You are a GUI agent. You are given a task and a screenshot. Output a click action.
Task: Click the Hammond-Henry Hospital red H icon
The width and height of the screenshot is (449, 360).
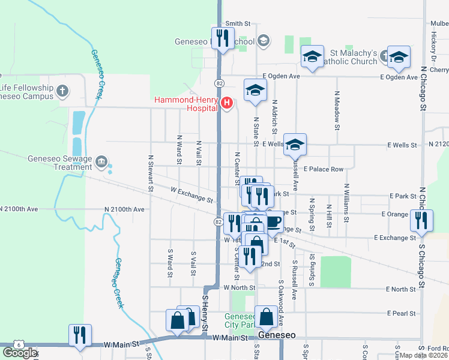click(226, 103)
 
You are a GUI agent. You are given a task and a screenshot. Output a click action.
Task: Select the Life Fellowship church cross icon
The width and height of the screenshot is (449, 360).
click(63, 92)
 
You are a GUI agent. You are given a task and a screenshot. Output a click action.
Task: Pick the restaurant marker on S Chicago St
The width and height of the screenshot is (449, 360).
click(420, 221)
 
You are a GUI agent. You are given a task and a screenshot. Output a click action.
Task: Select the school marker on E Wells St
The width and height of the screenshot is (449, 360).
click(295, 145)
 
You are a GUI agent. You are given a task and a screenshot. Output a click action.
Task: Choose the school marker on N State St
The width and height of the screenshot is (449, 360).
click(255, 91)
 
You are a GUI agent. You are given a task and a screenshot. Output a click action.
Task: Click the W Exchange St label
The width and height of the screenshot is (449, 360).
click(192, 194)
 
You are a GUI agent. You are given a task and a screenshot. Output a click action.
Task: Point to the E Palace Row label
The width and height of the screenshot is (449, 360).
click(323, 169)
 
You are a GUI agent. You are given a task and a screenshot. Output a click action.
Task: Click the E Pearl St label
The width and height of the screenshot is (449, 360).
click(402, 313)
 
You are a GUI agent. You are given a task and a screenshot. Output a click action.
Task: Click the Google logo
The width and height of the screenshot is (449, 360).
click(19, 352)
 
